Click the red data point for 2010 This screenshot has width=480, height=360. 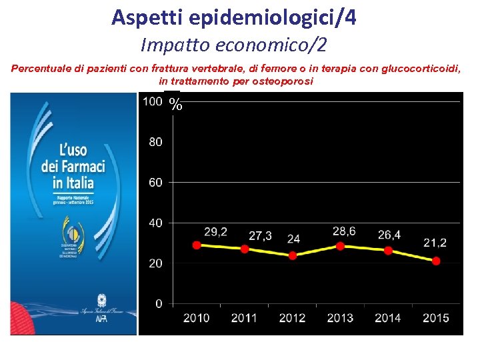click(197, 245)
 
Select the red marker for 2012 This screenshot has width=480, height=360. click(292, 255)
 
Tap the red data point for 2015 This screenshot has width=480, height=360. click(436, 261)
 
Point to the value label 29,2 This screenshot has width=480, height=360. click(215, 232)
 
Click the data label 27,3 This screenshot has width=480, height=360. click(261, 236)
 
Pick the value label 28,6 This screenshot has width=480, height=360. click(344, 231)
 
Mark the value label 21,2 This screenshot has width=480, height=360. click(435, 242)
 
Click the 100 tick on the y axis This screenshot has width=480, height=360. click(153, 101)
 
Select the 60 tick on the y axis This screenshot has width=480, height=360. click(155, 182)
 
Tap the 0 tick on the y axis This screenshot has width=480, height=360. click(159, 304)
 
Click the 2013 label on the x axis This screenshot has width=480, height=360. click(340, 318)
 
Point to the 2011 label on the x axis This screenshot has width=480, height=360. click(244, 318)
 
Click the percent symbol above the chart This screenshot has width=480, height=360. click(175, 104)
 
